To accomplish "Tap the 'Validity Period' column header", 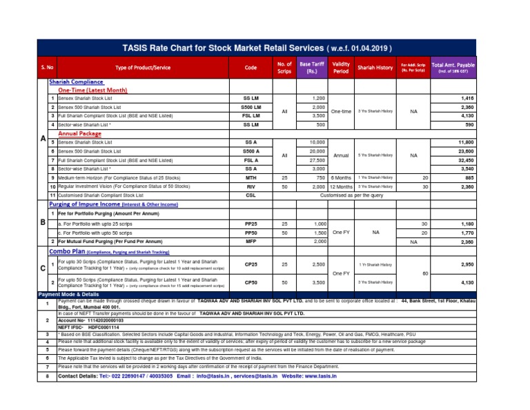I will (341, 68).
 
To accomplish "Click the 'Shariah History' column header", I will (375, 68).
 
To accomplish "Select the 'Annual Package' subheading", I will (79, 133).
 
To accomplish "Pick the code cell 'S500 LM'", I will (251, 108).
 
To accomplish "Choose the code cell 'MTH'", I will (251, 177).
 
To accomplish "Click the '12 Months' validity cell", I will (341, 186).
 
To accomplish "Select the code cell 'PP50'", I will (251, 233).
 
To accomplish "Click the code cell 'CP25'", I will (251, 264).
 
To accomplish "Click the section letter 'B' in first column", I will (42, 223).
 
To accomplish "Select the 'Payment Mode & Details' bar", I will (70, 293).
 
